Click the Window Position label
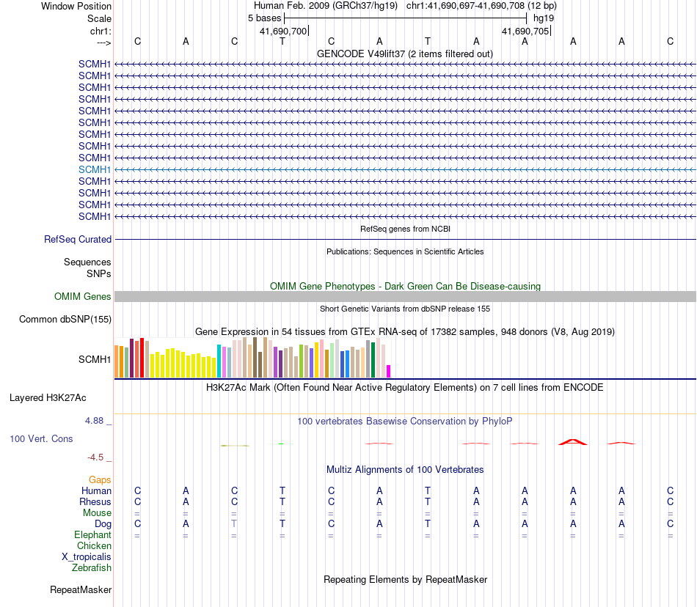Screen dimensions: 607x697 click(x=76, y=6)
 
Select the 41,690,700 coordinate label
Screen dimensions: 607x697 click(x=283, y=31)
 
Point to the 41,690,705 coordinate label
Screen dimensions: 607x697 click(x=525, y=31)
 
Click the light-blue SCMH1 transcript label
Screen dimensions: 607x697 click(x=95, y=169)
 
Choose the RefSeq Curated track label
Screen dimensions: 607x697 click(x=78, y=239)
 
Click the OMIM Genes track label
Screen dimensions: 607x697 click(x=83, y=297)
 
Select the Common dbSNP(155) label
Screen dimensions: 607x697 click(x=65, y=319)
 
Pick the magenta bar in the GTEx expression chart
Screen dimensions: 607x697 click(x=389, y=371)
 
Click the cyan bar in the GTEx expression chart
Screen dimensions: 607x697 click(x=219, y=360)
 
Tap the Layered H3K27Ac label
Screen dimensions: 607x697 click(x=48, y=398)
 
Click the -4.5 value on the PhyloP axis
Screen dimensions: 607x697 click(x=96, y=457)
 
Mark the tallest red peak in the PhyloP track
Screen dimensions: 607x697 click(x=572, y=441)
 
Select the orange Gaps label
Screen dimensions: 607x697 click(x=100, y=479)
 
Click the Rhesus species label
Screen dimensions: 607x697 click(x=95, y=502)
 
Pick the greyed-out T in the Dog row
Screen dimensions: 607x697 click(x=234, y=524)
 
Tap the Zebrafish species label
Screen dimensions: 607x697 click(x=92, y=567)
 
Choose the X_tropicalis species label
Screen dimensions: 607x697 click(x=87, y=556)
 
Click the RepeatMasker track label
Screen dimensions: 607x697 click(x=81, y=589)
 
